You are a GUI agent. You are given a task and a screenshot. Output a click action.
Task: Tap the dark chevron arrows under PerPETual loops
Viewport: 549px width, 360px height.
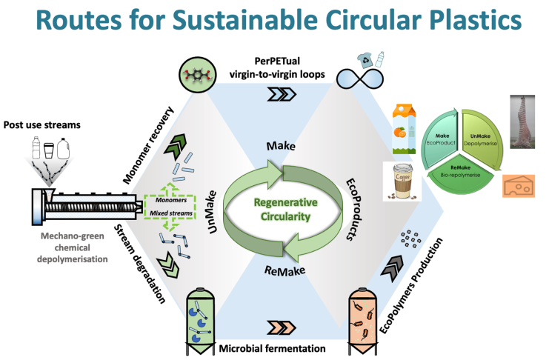[278, 96]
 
